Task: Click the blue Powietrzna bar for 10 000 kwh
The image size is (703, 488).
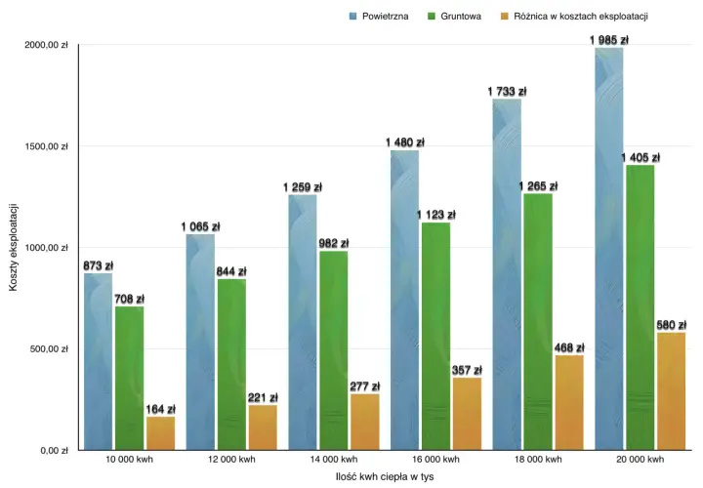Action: coord(99,362)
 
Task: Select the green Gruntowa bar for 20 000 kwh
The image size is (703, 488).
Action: coord(641,307)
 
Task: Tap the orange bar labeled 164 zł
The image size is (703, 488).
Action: coord(160,433)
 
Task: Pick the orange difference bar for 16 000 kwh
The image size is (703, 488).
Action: coord(467,414)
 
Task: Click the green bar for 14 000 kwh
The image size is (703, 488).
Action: coord(334,350)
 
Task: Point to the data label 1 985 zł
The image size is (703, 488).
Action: coord(609,40)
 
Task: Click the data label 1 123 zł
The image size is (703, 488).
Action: coord(436,215)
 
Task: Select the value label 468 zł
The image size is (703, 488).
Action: coord(569,347)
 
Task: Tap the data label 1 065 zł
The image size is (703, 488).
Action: coord(200,226)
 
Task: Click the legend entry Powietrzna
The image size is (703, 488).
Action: coord(379,17)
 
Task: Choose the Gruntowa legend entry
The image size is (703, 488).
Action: coord(455,17)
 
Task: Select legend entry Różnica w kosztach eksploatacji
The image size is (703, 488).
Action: coord(575,17)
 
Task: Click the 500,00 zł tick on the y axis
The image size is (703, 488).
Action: coord(50,349)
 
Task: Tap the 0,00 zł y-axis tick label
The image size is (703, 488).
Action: coord(55,451)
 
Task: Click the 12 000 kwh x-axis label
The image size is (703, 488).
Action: coord(231,460)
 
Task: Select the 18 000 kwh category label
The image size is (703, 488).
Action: coord(538,460)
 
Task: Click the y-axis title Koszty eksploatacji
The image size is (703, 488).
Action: coord(13,247)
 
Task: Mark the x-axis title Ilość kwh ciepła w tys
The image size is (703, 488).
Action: coord(385,477)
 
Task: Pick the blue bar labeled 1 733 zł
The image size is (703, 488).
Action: coord(507,274)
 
